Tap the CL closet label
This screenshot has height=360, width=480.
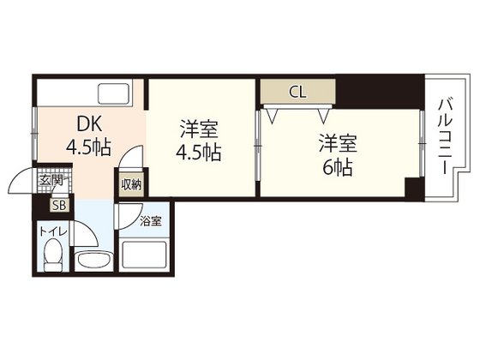pos(297,90)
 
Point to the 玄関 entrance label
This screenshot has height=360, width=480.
pos(51,181)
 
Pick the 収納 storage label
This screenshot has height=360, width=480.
pos(130,183)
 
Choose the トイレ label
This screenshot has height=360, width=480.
pos(51,229)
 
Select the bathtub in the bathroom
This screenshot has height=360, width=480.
pos(143,256)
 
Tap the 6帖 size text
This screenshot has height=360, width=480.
pos(335,167)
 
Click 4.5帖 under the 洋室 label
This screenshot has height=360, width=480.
pos(198,154)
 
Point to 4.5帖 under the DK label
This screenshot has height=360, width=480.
pos(88,147)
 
